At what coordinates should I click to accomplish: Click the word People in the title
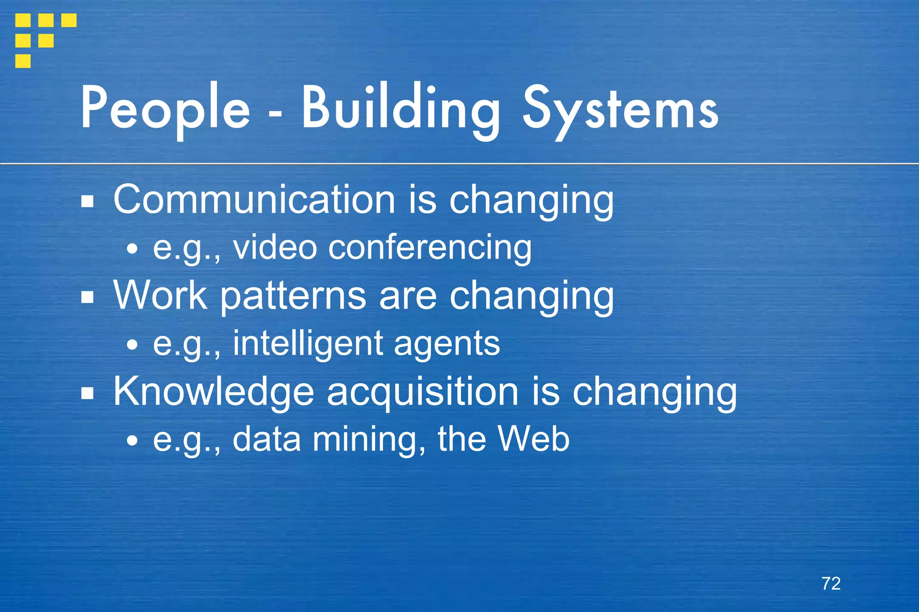[x=165, y=109]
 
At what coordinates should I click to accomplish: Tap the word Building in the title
[x=401, y=109]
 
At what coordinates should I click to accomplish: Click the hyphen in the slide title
[x=276, y=115]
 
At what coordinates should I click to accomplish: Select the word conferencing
[x=430, y=248]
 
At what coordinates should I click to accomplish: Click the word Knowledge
[x=213, y=391]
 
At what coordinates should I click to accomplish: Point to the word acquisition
[x=423, y=392]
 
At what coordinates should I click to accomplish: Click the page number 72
[x=831, y=583]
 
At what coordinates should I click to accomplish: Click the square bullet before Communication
[x=88, y=202]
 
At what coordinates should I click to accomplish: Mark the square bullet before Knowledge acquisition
[x=88, y=394]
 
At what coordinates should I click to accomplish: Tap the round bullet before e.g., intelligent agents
[x=132, y=345]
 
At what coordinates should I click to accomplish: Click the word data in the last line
[x=267, y=439]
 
